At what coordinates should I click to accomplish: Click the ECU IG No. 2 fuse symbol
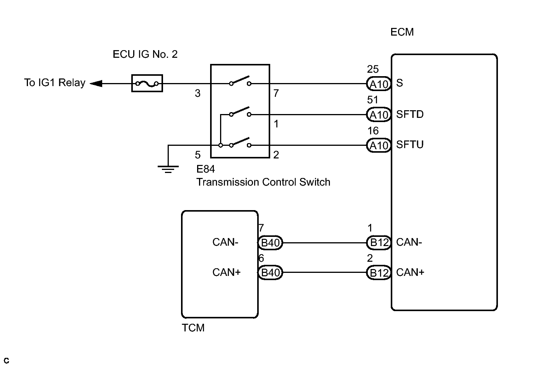[x=147, y=83]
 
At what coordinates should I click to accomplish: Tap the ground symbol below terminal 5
[x=168, y=170]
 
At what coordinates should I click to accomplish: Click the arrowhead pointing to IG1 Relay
[x=96, y=83]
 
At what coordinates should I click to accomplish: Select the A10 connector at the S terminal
[x=379, y=84]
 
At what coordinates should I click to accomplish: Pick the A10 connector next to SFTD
[x=379, y=114]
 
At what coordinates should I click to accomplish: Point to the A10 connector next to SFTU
[x=379, y=145]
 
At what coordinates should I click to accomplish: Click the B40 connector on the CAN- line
[x=270, y=243]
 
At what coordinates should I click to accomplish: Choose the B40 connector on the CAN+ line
[x=270, y=272]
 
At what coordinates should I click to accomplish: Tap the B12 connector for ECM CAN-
[x=379, y=243]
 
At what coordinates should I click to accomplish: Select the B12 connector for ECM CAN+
[x=379, y=272]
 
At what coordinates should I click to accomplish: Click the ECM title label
[x=402, y=32]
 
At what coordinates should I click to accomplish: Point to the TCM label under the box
[x=193, y=328]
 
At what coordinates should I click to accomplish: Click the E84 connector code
[x=206, y=169]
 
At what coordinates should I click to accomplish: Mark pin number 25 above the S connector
[x=373, y=69]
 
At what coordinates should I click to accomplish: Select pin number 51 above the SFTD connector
[x=373, y=100]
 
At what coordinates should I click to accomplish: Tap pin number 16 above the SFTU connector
[x=373, y=131]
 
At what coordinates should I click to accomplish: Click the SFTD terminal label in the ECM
[x=410, y=114]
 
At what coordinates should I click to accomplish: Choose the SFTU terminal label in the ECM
[x=410, y=145]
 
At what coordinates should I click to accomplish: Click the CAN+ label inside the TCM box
[x=227, y=272]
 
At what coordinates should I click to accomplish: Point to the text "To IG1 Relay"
[x=55, y=83]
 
